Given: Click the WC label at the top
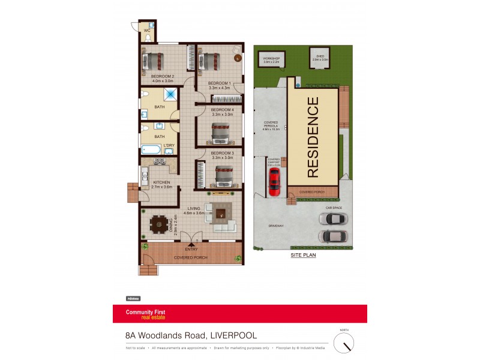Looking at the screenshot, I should pos(146,29).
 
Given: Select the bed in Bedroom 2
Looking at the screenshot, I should pos(153,60).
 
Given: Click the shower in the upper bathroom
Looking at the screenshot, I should pos(171,94).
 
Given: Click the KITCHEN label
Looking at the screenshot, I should pos(162,182).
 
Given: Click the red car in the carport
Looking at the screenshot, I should pos(274,181).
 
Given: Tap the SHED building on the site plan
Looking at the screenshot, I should pos(320,58).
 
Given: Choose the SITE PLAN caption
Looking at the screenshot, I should pos(303,255).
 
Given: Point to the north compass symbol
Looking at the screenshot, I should pos(344,343).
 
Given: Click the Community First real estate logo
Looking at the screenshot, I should pos(145,314).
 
